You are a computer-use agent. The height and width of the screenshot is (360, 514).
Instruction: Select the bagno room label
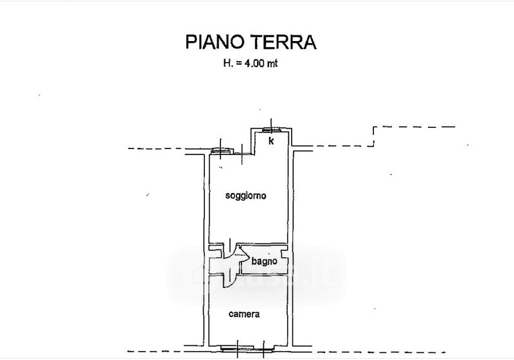point(264,261)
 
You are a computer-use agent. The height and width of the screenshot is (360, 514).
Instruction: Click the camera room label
point(245,314)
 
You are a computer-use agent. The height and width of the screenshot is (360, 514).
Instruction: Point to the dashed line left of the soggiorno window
point(167,149)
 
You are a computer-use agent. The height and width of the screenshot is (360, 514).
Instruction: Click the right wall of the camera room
point(290,312)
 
